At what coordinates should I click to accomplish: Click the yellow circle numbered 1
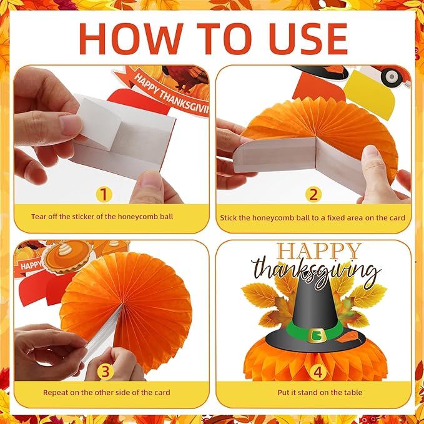104,194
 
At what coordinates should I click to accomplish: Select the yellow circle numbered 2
313,194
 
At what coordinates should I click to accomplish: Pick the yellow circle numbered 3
104,372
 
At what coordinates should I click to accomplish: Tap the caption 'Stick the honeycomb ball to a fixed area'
312,217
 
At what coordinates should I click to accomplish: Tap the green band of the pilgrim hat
293,332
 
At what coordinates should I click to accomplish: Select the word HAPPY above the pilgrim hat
319,251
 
